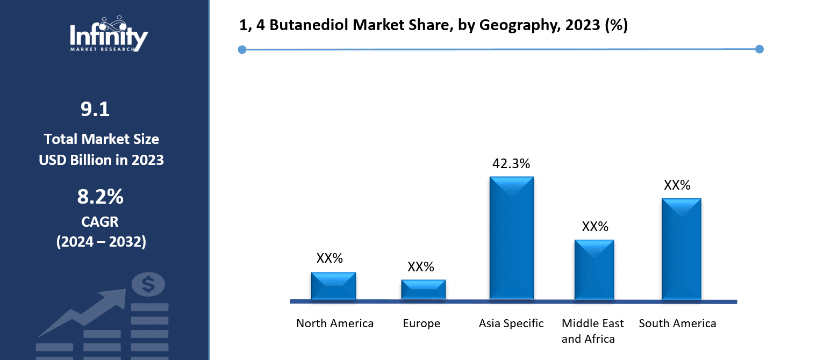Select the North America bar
pyautogui.click(x=333, y=286)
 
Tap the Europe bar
pyautogui.click(x=423, y=290)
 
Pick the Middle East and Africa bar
pyautogui.click(x=594, y=270)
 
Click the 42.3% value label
pyautogui.click(x=511, y=164)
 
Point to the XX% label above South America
pyautogui.click(x=677, y=185)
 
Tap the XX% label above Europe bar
pyautogui.click(x=420, y=267)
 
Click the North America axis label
pyautogui.click(x=335, y=323)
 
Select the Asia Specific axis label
pyautogui.click(x=511, y=323)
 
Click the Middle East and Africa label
pyautogui.click(x=592, y=331)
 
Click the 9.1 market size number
pyautogui.click(x=95, y=110)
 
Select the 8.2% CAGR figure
pyautogui.click(x=100, y=197)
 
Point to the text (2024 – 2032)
pyautogui.click(x=101, y=242)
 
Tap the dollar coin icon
pyautogui.click(x=148, y=284)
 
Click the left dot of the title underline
pyautogui.click(x=242, y=50)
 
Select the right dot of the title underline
pyautogui.click(x=759, y=49)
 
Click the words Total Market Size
pyautogui.click(x=101, y=139)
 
